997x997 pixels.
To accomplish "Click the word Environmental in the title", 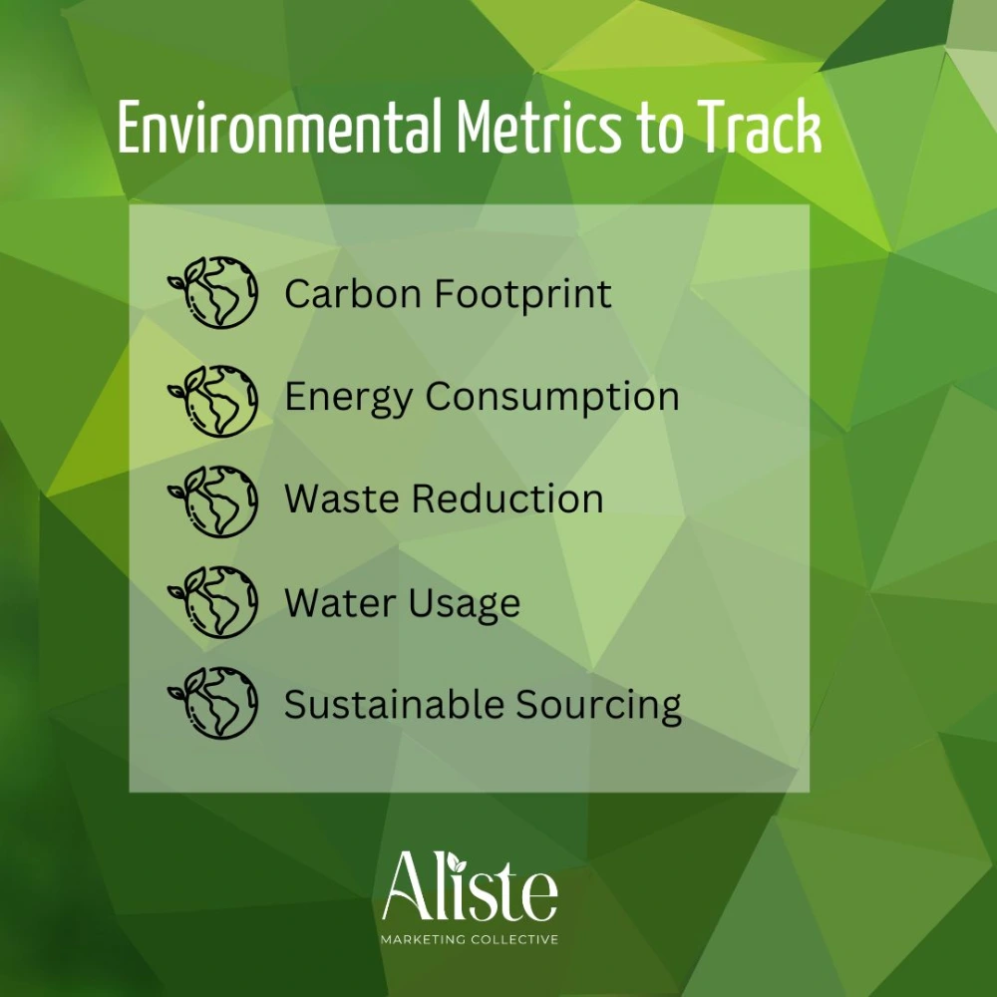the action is [x=280, y=127].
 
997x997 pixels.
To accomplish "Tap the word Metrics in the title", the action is [x=538, y=127].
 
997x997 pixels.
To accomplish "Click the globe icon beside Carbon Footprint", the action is [x=213, y=292].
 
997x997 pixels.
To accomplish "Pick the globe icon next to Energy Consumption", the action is [x=213, y=401].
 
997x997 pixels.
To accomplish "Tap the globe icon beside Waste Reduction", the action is [x=213, y=501].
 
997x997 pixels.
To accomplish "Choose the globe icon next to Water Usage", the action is [x=213, y=602].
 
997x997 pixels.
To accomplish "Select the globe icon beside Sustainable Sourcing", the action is [x=213, y=703].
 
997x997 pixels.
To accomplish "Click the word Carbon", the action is [x=354, y=294].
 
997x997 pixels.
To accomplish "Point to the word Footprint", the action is [x=523, y=295].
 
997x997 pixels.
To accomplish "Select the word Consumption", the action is [x=552, y=398].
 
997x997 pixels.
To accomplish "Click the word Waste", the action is [x=341, y=498].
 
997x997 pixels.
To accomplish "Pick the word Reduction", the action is [x=507, y=498].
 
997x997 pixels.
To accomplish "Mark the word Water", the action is [x=340, y=602].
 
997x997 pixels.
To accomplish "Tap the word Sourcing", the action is [x=598, y=706].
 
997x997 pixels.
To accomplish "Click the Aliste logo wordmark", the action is [x=470, y=886].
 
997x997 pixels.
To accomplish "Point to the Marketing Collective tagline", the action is [x=470, y=939].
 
